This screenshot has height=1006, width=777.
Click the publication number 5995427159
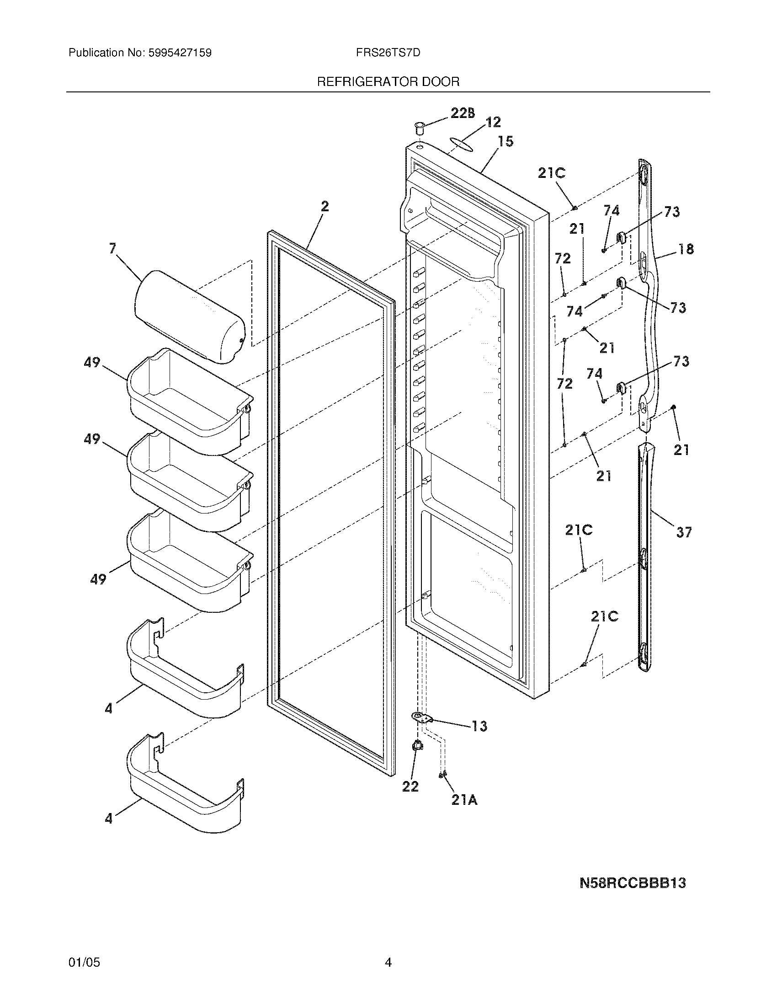[180, 53]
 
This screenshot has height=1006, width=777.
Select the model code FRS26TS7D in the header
[388, 53]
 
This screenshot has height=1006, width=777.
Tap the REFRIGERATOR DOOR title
[388, 82]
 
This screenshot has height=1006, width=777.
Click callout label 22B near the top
[462, 113]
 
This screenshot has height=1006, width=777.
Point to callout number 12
[493, 122]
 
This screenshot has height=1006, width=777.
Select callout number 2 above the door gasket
[325, 207]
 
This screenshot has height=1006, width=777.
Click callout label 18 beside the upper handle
[686, 249]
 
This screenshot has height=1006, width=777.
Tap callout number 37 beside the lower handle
[684, 532]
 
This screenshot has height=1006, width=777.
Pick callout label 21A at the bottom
[464, 801]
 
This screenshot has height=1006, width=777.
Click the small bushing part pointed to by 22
[417, 745]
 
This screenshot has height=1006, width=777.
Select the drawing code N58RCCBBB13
[633, 883]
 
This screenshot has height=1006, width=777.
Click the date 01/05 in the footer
[84, 962]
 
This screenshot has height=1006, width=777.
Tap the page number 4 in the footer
[388, 962]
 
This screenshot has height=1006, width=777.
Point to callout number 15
[506, 141]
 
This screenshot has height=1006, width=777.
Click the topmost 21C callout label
[552, 173]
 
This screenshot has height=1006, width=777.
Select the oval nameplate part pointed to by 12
[460, 143]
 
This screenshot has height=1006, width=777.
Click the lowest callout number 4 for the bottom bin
[109, 818]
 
